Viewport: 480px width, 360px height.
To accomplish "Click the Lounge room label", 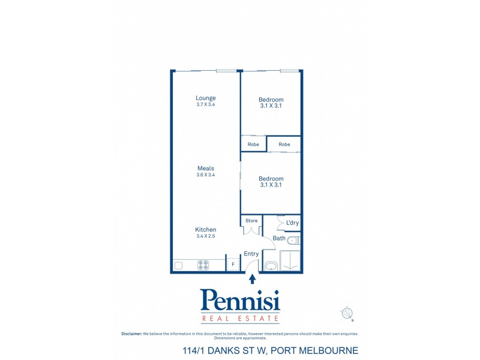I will (x=205, y=98).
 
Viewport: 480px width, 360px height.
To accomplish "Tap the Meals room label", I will (x=205, y=169).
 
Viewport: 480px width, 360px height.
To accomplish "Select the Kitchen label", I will (x=205, y=230).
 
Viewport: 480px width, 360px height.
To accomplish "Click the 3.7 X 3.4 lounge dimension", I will (x=205, y=104).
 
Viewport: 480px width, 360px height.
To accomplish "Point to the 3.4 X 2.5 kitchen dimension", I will (x=205, y=236).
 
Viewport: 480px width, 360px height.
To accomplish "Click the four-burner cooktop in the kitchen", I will (x=203, y=264).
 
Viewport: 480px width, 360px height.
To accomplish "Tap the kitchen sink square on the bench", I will (x=178, y=265).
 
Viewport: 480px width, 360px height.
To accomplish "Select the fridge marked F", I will (x=233, y=264).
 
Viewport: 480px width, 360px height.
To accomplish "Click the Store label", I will (x=251, y=221).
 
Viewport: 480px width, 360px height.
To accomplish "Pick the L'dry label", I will (x=292, y=223).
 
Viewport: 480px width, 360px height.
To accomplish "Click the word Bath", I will (x=279, y=238).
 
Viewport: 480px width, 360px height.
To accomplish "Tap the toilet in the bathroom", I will (x=293, y=241).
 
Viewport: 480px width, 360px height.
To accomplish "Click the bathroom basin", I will (x=271, y=265).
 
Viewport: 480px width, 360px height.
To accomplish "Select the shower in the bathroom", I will (x=290, y=261).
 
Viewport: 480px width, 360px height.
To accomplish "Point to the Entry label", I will (x=251, y=254).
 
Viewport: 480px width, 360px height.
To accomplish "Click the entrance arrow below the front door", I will (x=252, y=278).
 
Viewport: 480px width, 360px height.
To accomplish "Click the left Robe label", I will (x=253, y=145).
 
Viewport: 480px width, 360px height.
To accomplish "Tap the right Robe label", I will (x=284, y=145).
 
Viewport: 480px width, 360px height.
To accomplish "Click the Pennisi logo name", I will (x=240, y=300).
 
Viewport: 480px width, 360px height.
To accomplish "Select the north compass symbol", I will (x=347, y=313).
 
